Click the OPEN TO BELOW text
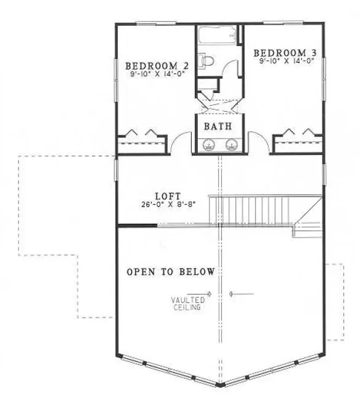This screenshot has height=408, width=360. tap(171, 272)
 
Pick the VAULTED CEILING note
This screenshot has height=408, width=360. tap(187, 303)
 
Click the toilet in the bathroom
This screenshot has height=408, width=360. tap(208, 62)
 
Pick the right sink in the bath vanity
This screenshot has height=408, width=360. tap(231, 145)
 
